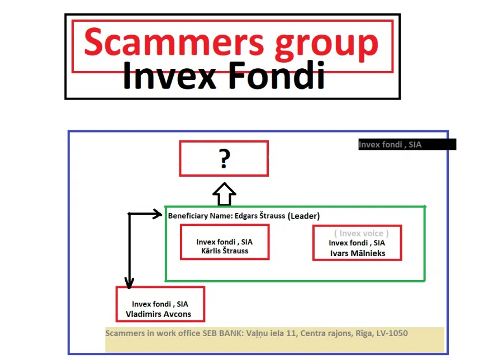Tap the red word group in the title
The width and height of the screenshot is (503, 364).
pos(327,45)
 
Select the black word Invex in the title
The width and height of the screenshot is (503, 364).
pos(169,75)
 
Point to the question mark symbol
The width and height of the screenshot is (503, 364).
pos(224,158)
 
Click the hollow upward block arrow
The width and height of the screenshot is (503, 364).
pos(224,194)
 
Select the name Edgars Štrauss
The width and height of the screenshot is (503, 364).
pos(259,216)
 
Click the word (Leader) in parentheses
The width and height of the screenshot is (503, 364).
pos(303,216)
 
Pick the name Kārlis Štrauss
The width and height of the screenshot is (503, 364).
pos(225,250)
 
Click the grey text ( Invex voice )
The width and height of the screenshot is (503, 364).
pos(361,233)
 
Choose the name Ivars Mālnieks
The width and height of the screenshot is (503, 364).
pos(358,253)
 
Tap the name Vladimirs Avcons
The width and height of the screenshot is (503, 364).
pos(158,314)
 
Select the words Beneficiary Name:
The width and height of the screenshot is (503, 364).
pos(200,216)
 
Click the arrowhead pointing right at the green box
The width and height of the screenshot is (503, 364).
pos(158,214)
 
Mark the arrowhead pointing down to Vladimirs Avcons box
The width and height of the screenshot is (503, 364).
pos(129,283)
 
